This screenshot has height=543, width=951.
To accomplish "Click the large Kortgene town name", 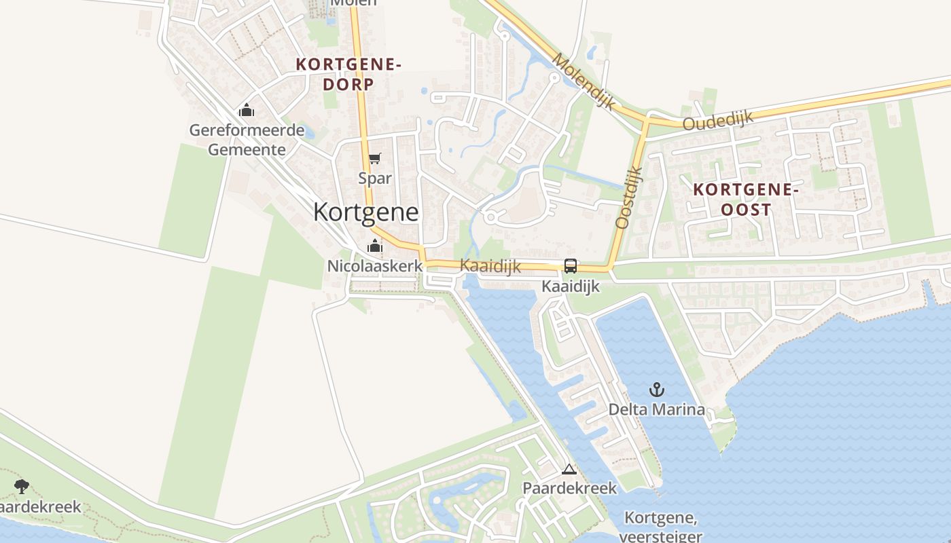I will pos(365,212).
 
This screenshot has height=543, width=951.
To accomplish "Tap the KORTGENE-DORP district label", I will pos(348,74).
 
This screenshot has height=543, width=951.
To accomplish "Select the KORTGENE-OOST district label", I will pos(746,200).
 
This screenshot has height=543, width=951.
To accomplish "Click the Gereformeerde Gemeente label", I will pos(247,140).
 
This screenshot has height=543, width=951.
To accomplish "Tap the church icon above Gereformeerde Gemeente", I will pos(246,110).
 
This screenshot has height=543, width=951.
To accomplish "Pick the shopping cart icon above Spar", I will pos(375,159).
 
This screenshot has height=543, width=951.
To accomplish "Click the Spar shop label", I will pos(375,179).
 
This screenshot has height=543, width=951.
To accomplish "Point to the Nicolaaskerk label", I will pos(375,266).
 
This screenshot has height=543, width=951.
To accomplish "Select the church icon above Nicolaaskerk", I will pos(375,246).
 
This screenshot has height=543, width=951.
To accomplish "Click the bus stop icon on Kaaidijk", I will pos(571,266).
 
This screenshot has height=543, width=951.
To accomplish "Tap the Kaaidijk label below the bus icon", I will pos(571,286).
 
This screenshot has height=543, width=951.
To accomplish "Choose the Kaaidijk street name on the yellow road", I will pos(490,266).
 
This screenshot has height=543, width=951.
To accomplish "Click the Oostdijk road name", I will pos(628,198).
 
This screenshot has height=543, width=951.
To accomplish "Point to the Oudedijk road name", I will pos(718,121).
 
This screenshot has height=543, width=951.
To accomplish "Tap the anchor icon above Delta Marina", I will pos(656,390).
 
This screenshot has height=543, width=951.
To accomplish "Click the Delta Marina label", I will pos(656,409).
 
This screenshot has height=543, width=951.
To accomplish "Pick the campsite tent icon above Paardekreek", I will pos(569,469).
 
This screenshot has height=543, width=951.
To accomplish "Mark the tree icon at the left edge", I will pos(22,486).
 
